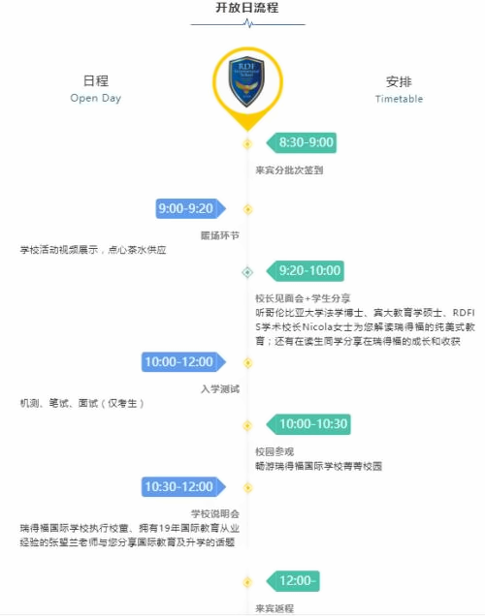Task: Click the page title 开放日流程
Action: (x=247, y=8)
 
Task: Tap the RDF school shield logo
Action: (x=247, y=81)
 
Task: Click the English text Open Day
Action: (x=96, y=98)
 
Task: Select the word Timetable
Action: (x=399, y=99)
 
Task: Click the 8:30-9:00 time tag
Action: (x=302, y=142)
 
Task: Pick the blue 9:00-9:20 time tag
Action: (x=191, y=208)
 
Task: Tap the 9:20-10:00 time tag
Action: (x=306, y=270)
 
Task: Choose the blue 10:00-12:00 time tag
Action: (x=183, y=362)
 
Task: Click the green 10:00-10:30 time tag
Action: (x=308, y=424)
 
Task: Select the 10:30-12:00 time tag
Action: (x=183, y=487)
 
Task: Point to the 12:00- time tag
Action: (x=293, y=580)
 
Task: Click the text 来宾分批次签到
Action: (x=289, y=170)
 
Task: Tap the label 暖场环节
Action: (x=220, y=235)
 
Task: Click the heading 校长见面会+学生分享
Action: (x=303, y=298)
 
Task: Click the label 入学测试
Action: (x=220, y=389)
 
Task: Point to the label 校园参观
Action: (x=275, y=451)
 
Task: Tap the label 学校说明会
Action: (x=215, y=514)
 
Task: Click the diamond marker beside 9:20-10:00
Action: (x=247, y=272)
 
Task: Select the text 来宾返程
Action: (x=275, y=608)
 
